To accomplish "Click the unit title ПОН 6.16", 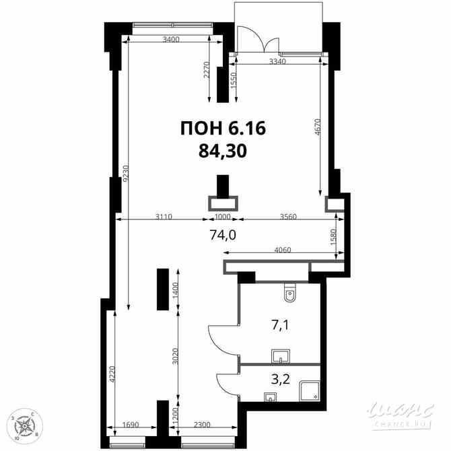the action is pyautogui.click(x=223, y=128).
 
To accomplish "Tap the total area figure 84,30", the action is pyautogui.click(x=223, y=151).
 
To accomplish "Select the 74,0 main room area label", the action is pyautogui.click(x=223, y=236).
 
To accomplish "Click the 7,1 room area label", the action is pyautogui.click(x=281, y=325).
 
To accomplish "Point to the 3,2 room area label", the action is pyautogui.click(x=281, y=380).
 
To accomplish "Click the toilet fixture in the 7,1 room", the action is pyautogui.click(x=289, y=293).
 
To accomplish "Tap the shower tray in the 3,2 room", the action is pyautogui.click(x=310, y=391).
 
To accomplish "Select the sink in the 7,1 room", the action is pyautogui.click(x=281, y=357).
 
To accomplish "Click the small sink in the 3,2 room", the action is pyautogui.click(x=270, y=397).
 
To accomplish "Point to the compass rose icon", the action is pyautogui.click(x=25, y=425).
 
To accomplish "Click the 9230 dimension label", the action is pyautogui.click(x=126, y=173).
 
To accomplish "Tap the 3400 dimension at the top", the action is pyautogui.click(x=171, y=40).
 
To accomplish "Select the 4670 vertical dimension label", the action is pyautogui.click(x=317, y=128).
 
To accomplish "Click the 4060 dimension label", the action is pyautogui.click(x=283, y=250).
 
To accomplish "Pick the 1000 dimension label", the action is pyautogui.click(x=223, y=217).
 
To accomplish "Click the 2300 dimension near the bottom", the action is pyautogui.click(x=202, y=425).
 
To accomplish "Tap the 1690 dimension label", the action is pyautogui.click(x=131, y=425).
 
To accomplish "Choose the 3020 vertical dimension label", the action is pyautogui.click(x=175, y=357).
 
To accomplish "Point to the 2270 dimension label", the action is pyautogui.click(x=207, y=70).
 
